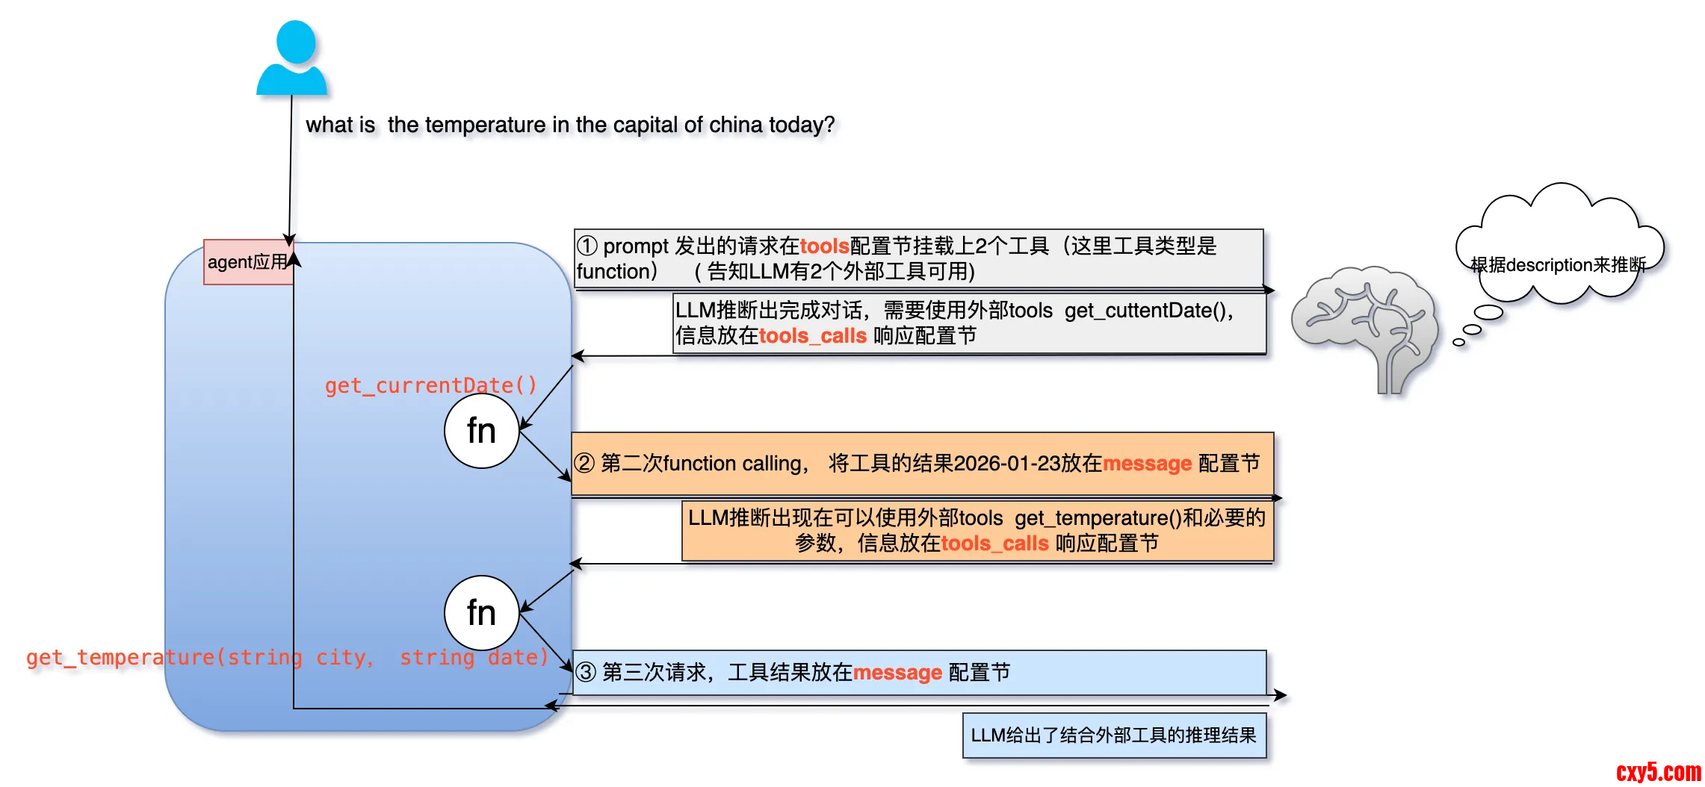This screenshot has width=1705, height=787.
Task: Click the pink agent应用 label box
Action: click(247, 262)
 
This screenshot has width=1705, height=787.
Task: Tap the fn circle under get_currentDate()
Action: click(481, 431)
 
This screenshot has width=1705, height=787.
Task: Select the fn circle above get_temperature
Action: click(481, 613)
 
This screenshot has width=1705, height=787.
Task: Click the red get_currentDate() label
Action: click(430, 385)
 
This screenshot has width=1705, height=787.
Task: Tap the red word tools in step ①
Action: click(824, 246)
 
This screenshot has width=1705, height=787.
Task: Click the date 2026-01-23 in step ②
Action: click(1007, 464)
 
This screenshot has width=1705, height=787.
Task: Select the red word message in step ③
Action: click(897, 673)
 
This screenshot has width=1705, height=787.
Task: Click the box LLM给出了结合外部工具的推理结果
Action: click(1113, 735)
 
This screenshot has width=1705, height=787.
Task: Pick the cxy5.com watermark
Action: click(1658, 771)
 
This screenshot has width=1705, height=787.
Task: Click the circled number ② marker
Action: click(584, 464)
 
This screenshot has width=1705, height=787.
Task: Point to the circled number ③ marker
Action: click(586, 673)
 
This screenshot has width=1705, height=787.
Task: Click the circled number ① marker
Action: click(587, 246)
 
